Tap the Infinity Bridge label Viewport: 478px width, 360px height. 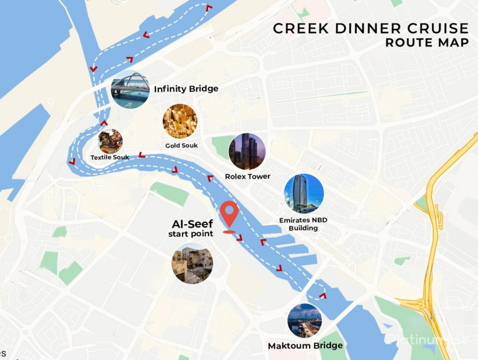pos(186,89)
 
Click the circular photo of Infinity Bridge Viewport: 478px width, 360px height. pos(130,89)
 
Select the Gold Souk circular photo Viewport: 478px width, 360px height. pos(180,121)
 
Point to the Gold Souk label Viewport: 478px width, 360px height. pos(182,146)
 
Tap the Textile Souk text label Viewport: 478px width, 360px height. pos(110,157)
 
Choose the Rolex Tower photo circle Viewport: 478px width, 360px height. pos(247,152)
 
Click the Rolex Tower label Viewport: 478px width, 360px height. pos(247,176)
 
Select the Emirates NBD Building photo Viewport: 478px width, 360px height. pos(304,193)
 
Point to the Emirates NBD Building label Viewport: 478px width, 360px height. pos(303,224)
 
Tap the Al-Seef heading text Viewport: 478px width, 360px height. pos(192,224)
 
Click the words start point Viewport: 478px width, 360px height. pos(190,235)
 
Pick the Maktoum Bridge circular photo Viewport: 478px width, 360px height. pos(305,320)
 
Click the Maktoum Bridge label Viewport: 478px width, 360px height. pos(305,345)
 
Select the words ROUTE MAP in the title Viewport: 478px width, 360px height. pos(427,43)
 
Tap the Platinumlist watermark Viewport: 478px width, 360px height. pos(428,339)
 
